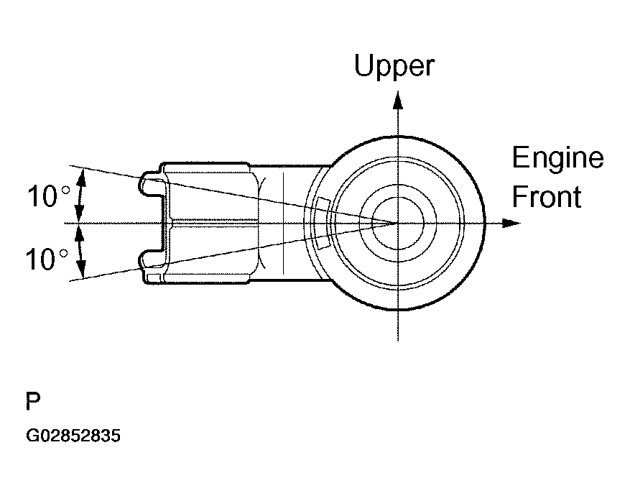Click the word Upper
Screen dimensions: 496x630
pyautogui.click(x=394, y=67)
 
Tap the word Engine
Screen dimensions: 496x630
pyautogui.click(x=557, y=157)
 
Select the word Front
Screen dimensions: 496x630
pyautogui.click(x=546, y=196)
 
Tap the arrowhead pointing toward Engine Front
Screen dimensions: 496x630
pyautogui.click(x=512, y=223)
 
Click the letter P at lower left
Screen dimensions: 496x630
pyautogui.click(x=32, y=401)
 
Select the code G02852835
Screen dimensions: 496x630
pyautogui.click(x=73, y=436)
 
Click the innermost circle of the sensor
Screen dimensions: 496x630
pyautogui.click(x=397, y=222)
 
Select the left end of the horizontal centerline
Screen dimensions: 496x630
pyautogui.click(x=66, y=223)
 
